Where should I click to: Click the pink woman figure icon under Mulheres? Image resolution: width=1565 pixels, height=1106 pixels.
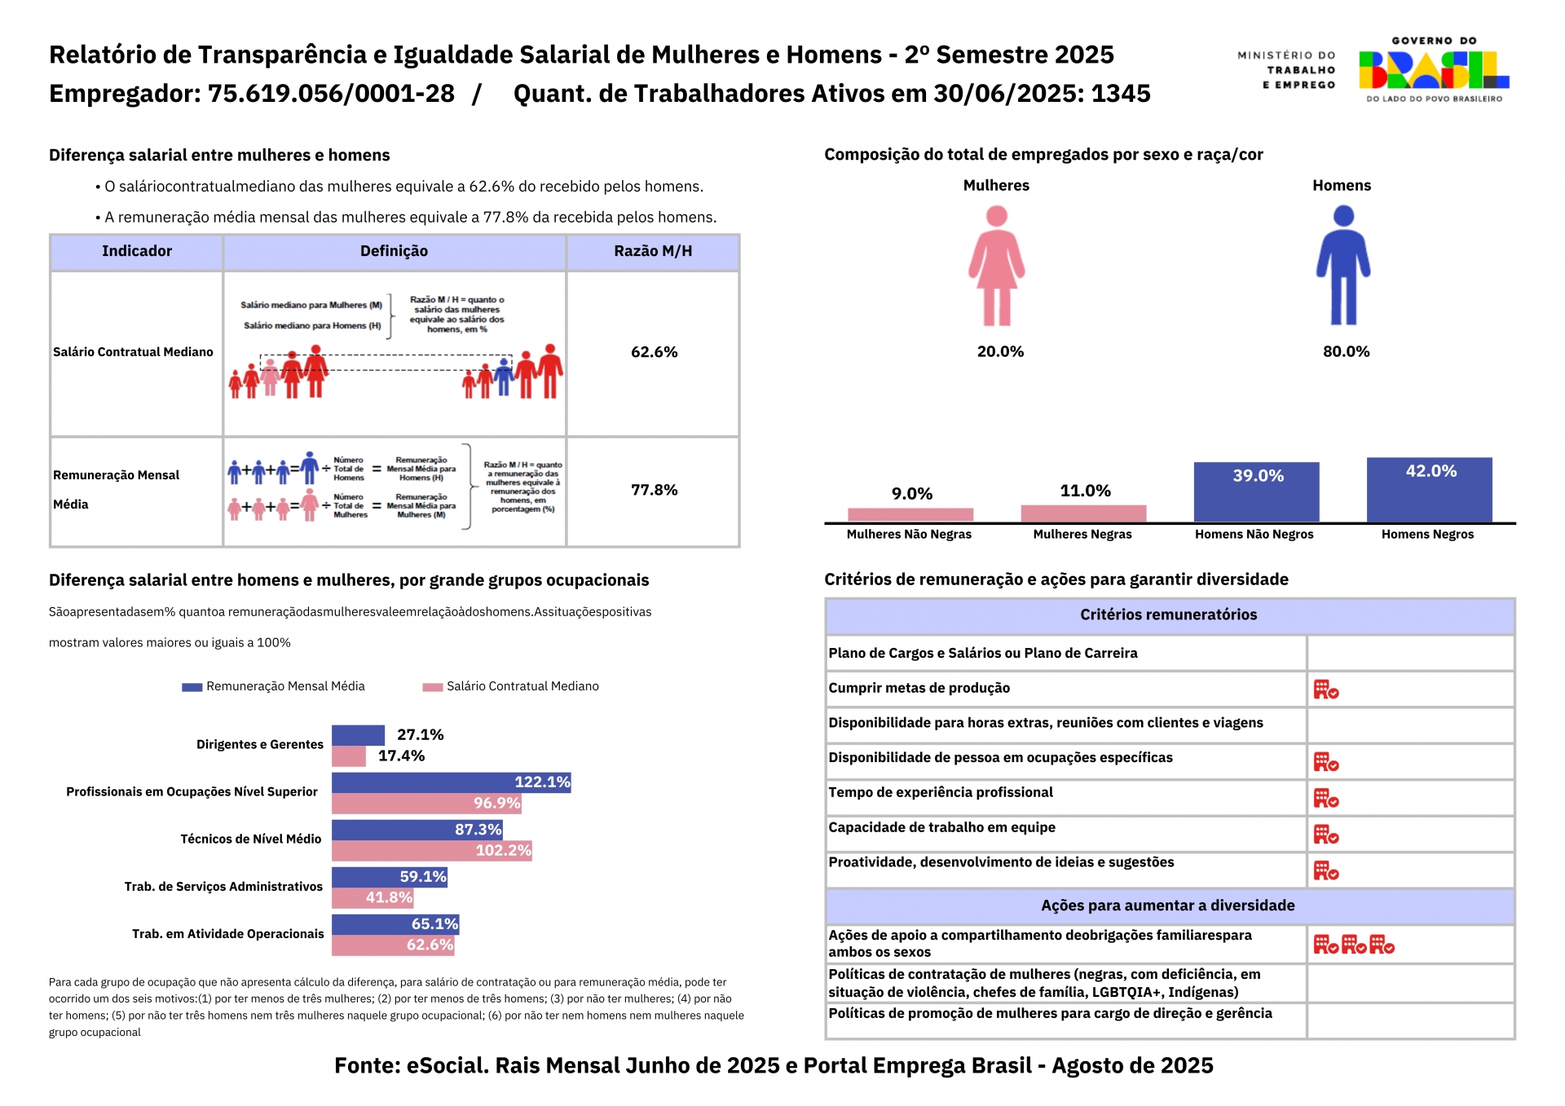(x=996, y=266)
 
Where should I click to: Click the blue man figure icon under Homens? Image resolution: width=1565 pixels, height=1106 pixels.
(x=1343, y=266)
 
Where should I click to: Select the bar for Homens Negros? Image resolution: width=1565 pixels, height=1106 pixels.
(x=1429, y=490)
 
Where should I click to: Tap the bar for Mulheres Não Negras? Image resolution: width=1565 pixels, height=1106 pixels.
(x=910, y=514)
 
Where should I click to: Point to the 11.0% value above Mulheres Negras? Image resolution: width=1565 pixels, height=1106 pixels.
(x=1085, y=491)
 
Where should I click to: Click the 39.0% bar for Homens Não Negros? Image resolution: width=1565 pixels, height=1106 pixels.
(x=1256, y=492)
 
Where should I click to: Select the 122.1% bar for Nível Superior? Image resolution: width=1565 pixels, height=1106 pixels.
(x=451, y=782)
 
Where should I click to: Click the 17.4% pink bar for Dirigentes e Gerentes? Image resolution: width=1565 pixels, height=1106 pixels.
(x=349, y=756)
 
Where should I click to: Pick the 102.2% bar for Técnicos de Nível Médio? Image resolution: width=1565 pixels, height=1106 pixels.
(x=431, y=851)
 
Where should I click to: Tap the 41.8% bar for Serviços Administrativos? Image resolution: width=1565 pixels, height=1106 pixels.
(x=373, y=898)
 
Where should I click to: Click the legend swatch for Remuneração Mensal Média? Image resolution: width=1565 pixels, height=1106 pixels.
(x=192, y=687)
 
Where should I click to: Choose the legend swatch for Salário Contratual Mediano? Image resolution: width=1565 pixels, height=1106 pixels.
(x=432, y=687)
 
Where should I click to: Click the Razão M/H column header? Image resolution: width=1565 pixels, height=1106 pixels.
(x=653, y=252)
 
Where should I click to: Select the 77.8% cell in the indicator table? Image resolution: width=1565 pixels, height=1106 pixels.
(x=654, y=491)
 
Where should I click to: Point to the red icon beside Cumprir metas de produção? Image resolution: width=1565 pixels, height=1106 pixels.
(x=1325, y=690)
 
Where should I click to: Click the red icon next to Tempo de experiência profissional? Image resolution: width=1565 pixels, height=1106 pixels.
(x=1325, y=799)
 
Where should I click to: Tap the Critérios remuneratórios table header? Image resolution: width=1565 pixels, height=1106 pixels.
(x=1169, y=615)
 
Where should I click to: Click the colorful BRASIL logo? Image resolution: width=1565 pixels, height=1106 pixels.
(x=1434, y=70)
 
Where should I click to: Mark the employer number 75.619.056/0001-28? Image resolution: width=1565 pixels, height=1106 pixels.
(x=331, y=94)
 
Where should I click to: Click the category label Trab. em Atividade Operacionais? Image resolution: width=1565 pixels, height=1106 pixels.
(x=228, y=934)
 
